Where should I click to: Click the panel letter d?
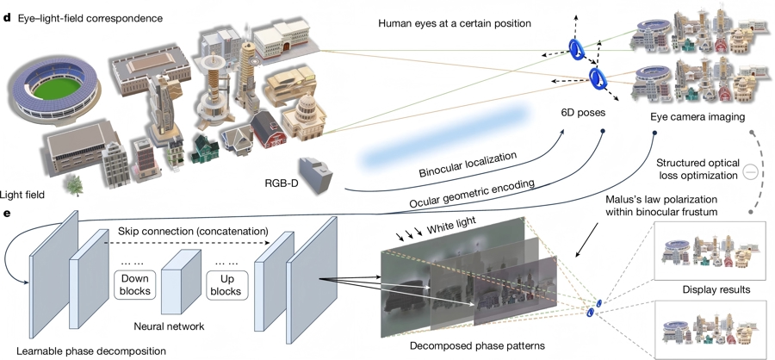[x=8, y=16]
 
